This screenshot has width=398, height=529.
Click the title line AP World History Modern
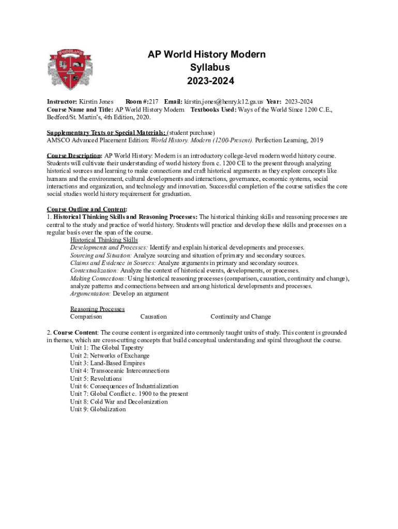click(200, 55)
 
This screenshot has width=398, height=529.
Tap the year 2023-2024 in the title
click(200, 81)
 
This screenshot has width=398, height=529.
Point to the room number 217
click(154, 102)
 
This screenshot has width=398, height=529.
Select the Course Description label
click(74, 155)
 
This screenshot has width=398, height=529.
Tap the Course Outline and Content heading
click(87, 209)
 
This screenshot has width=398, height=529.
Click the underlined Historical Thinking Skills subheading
click(104, 240)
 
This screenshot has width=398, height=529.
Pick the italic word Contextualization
click(94, 271)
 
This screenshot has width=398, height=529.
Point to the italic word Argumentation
click(90, 293)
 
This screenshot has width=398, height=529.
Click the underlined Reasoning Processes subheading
click(97, 309)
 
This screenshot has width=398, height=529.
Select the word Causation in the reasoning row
click(154, 317)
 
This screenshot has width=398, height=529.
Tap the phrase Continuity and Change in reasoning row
click(240, 317)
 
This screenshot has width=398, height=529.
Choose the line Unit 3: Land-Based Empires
click(108, 363)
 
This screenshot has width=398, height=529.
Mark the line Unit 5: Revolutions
click(96, 379)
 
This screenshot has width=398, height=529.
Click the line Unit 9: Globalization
click(98, 409)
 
